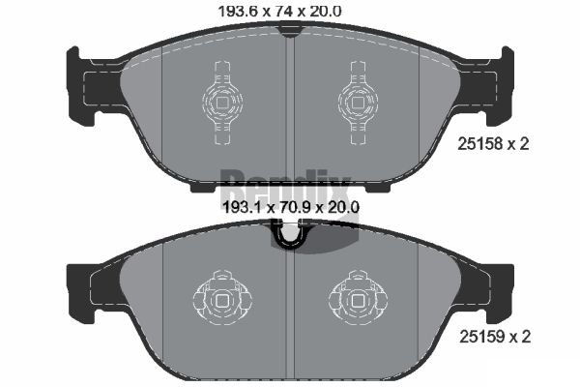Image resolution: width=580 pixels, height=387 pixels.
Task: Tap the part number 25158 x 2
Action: coord(493,145)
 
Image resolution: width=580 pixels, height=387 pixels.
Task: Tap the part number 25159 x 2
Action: coord(493,338)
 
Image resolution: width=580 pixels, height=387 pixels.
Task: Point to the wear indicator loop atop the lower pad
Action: coord(289,235)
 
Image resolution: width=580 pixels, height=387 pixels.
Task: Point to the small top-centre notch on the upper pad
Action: coord(289,31)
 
